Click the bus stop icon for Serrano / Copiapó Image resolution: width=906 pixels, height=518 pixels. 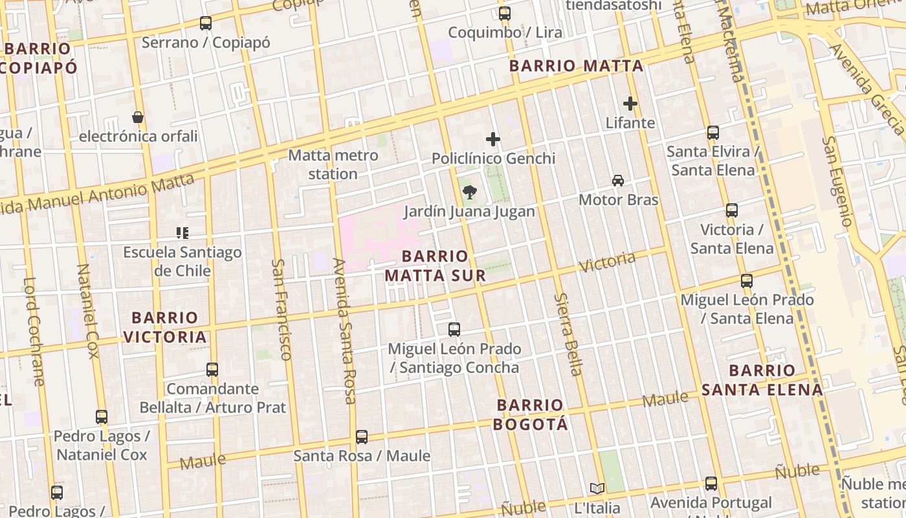[206, 23]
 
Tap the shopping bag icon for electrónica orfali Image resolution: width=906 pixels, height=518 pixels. [138, 117]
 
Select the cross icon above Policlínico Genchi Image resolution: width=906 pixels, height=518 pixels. [493, 139]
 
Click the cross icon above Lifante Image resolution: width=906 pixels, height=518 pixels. [630, 103]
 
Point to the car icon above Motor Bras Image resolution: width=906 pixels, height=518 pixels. [618, 181]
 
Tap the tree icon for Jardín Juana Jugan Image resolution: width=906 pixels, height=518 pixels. [469, 192]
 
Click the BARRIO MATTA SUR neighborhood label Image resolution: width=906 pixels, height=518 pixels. [435, 266]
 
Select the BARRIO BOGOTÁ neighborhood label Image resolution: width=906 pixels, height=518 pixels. [531, 414]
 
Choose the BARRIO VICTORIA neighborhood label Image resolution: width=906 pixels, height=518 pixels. [165, 327]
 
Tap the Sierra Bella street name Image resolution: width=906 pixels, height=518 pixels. [569, 334]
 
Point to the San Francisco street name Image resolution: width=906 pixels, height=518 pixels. [281, 310]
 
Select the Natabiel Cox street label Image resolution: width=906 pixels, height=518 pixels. [88, 311]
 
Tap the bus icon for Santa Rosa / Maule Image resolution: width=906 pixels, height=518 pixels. [362, 437]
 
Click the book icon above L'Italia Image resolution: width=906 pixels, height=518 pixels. [597, 488]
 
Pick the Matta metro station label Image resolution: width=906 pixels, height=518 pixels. [333, 164]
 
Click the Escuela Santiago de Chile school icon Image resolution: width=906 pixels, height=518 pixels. [182, 232]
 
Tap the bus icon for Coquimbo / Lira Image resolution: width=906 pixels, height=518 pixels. [505, 13]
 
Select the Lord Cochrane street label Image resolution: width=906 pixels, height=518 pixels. [34, 332]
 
